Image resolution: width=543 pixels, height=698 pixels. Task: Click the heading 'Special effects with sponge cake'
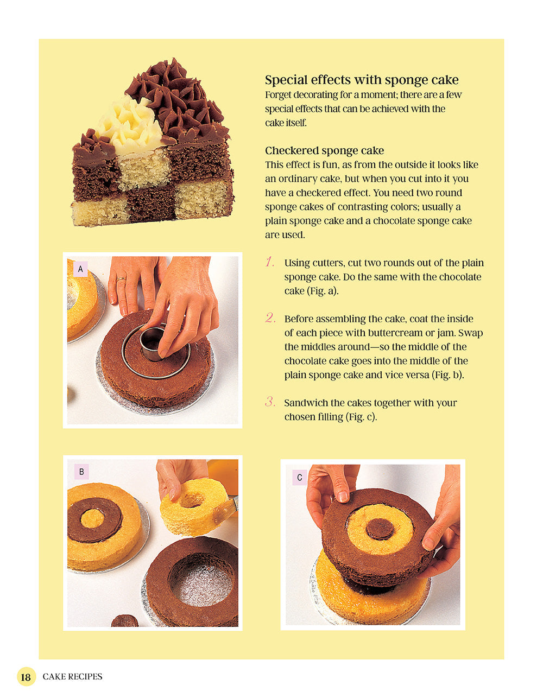coord(362,80)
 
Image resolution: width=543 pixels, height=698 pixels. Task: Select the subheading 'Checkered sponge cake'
coord(324,151)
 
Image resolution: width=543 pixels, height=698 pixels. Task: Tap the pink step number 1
coord(270,262)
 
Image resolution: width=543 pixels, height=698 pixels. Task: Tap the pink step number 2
coord(270,318)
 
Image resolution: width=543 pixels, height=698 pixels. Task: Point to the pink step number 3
coord(270,402)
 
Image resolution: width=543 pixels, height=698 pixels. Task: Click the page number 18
coord(26,677)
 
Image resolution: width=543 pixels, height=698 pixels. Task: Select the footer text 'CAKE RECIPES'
coord(72,677)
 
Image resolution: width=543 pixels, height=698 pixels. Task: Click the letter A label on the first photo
coord(80,269)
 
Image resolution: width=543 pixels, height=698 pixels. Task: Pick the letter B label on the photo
coord(81,472)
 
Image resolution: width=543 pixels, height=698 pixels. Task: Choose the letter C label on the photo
coord(299,478)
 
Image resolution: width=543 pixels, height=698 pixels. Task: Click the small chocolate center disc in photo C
coord(380,528)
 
